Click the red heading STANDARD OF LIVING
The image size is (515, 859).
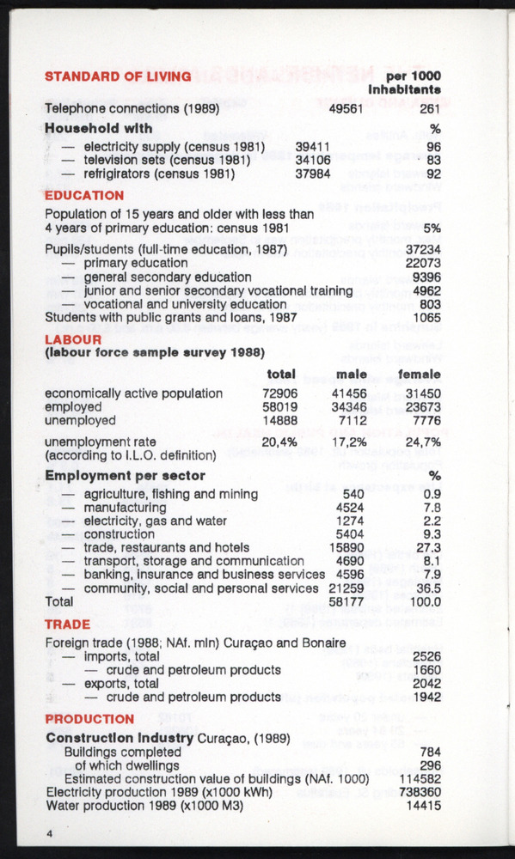pos(118,76)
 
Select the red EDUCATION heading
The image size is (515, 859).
pos(84,195)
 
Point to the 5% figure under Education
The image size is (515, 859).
pos(432,228)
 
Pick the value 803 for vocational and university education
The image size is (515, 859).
pos(429,303)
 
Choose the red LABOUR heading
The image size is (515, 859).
pos(73,338)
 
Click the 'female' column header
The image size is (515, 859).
pos(418,375)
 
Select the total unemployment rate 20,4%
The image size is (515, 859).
pos(279,442)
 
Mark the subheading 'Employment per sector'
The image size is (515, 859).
pos(125,475)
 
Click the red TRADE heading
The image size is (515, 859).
pos(67,624)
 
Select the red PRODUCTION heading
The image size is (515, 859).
pos(89,719)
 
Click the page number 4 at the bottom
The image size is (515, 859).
pos(50,834)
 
